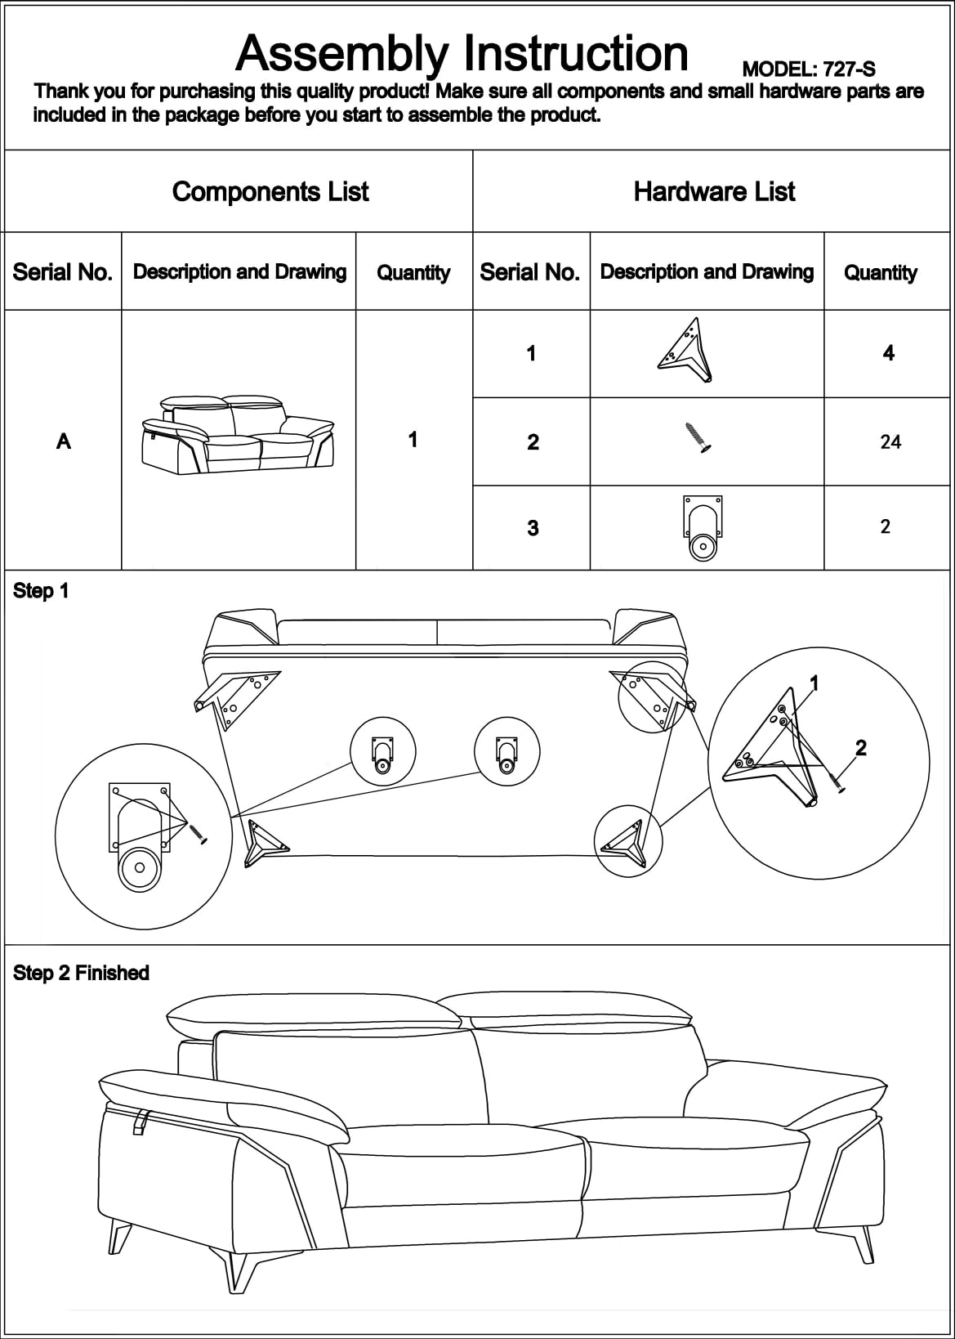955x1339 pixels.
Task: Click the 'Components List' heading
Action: click(x=270, y=192)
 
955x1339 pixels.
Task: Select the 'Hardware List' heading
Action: click(x=714, y=192)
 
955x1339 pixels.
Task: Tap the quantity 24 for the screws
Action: click(x=890, y=442)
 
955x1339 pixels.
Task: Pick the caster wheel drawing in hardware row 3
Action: click(x=703, y=529)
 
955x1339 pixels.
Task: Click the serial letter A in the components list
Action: click(x=64, y=441)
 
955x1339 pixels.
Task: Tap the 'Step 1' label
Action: click(x=41, y=591)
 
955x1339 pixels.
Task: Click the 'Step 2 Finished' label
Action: click(x=81, y=973)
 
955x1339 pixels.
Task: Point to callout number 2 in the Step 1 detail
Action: click(x=860, y=747)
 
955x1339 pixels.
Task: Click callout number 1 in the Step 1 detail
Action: click(x=814, y=683)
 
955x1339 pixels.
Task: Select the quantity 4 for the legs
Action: click(x=889, y=353)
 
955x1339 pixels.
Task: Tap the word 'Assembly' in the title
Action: click(x=342, y=54)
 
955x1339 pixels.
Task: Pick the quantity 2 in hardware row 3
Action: click(x=886, y=526)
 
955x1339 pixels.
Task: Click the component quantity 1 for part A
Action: click(x=413, y=440)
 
